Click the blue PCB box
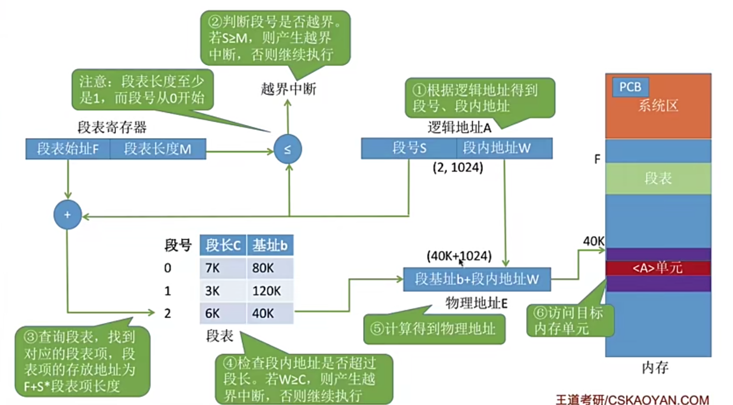tap(630, 87)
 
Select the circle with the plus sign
tap(67, 214)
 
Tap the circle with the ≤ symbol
tap(287, 149)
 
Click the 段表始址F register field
tap(68, 149)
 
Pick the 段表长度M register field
tap(158, 149)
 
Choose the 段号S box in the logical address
tap(409, 148)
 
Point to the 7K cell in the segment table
tap(223, 268)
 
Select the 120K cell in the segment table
tap(270, 291)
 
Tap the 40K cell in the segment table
tap(270, 313)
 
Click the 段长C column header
tap(223, 245)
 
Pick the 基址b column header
tap(270, 245)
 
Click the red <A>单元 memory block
tap(658, 268)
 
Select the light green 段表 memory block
tap(658, 178)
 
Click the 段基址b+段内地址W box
tap(477, 279)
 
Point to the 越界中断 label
tap(288, 89)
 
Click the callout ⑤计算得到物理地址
tap(434, 329)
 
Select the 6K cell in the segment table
tap(223, 313)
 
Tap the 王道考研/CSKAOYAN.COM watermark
tap(632, 400)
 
